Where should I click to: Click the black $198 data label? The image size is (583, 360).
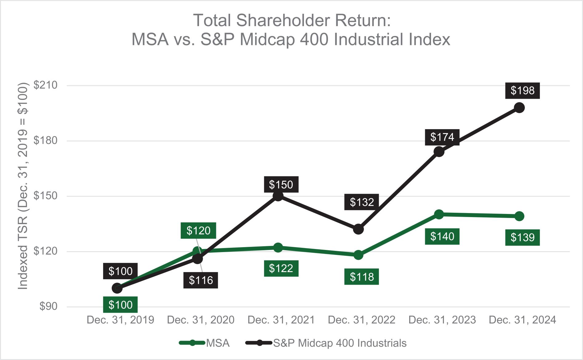tap(522, 91)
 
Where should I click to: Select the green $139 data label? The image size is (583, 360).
tap(522, 238)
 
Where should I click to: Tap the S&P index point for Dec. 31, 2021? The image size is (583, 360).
tap(278, 196)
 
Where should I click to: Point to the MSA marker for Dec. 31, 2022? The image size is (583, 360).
tap(358, 255)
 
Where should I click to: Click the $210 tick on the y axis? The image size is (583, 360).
tap(46, 85)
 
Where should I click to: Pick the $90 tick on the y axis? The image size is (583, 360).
tap(48, 306)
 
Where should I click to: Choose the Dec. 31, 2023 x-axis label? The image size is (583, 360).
tap(442, 320)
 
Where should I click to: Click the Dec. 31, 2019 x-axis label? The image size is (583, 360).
tap(120, 320)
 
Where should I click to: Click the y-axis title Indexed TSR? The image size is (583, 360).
tap(23, 186)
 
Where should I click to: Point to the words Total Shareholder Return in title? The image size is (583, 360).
tap(292, 21)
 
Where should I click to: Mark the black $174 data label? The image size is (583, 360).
tap(442, 137)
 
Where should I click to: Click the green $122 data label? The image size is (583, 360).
tap(281, 269)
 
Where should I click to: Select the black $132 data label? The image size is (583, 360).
tap(361, 202)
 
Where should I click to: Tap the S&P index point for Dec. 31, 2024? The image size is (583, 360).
tap(519, 108)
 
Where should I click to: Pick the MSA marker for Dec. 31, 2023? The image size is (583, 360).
tap(439, 214)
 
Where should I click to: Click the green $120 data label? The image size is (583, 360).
tap(198, 231)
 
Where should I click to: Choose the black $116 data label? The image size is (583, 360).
tap(201, 280)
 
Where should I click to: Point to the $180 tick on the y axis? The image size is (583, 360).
tap(46, 140)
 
